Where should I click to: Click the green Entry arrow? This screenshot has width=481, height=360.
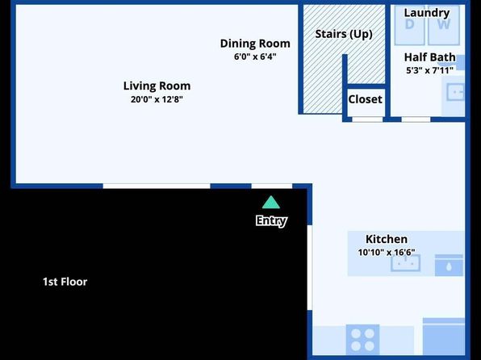[x=271, y=203]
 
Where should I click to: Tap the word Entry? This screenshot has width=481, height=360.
[x=271, y=220]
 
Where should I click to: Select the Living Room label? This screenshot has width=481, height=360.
[x=157, y=86]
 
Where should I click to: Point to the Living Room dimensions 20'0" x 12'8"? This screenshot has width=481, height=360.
[x=157, y=99]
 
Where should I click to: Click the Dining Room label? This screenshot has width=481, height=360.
[x=255, y=44]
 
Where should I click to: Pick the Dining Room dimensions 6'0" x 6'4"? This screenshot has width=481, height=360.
[x=255, y=57]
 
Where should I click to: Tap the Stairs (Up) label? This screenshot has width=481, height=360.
[x=344, y=34]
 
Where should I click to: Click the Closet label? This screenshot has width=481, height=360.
[x=365, y=99]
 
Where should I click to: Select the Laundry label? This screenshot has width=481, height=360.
[x=427, y=13]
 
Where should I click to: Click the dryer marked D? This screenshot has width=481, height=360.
[x=409, y=25]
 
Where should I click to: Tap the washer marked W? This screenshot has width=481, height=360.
[x=444, y=25]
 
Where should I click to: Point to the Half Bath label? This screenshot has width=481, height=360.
[x=430, y=57]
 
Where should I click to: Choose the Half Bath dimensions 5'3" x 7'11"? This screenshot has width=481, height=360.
[x=430, y=70]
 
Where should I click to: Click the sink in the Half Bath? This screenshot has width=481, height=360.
[x=455, y=92]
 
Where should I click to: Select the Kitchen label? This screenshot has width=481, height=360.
[x=387, y=239]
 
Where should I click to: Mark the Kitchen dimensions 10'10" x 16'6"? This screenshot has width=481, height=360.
[x=387, y=253]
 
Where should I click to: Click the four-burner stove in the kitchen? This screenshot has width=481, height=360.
[x=362, y=340]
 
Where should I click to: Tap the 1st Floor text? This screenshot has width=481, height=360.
[x=65, y=282]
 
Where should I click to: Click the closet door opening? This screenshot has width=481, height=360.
[x=367, y=119]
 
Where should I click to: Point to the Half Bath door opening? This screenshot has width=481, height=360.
[x=416, y=119]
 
